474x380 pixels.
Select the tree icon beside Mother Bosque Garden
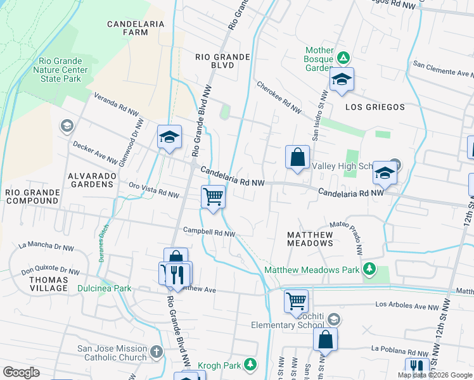point(343,58)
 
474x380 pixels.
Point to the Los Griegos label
point(375,107)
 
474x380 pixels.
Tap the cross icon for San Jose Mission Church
point(157,350)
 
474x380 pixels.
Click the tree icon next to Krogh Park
point(252,364)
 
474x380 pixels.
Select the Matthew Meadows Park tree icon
point(369,270)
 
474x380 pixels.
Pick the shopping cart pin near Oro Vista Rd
point(214,197)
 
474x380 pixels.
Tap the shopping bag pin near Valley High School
point(297,157)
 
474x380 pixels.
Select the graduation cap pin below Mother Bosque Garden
point(342,80)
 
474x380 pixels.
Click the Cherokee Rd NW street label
point(279,98)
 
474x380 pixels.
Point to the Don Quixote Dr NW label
point(51,270)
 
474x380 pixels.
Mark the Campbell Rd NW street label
point(209,233)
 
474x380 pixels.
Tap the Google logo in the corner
point(21,372)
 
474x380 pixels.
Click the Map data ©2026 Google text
point(434,375)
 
